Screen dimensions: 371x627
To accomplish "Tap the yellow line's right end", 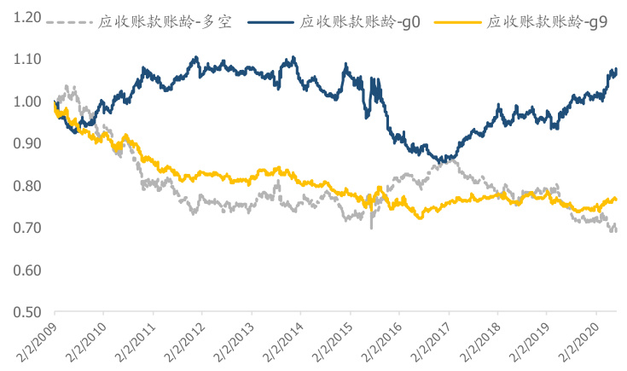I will tap(616, 200).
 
